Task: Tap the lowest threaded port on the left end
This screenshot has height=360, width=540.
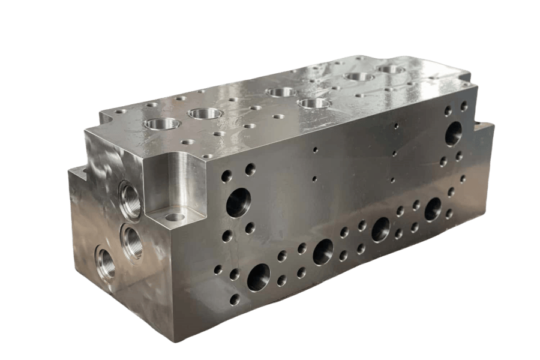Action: point(106,262)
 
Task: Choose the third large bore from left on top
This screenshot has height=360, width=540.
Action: point(281,92)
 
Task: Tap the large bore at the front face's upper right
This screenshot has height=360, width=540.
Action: point(454,133)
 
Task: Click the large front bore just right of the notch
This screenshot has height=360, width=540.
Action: point(239,202)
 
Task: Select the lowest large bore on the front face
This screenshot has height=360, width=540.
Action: point(259,277)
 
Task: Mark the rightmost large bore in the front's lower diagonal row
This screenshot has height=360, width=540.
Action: point(433,209)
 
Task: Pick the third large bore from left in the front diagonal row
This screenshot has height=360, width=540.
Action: point(380,230)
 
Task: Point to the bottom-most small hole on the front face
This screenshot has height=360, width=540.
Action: point(235,299)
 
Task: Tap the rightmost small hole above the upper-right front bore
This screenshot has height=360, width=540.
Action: point(464,106)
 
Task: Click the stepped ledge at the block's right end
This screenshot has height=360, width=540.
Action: point(485,127)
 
